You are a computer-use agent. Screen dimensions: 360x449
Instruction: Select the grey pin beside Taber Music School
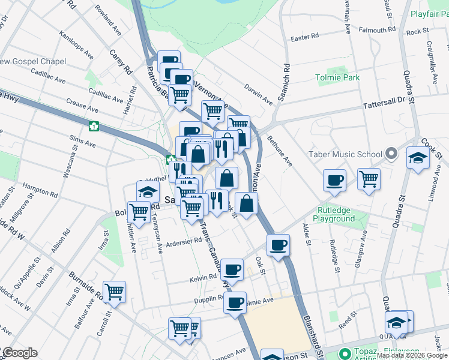pyautogui.click(x=391, y=154)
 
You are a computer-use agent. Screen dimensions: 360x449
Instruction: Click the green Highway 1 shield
pyautogui.click(x=94, y=126)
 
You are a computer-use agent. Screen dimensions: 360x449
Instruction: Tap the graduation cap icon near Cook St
pyautogui.click(x=418, y=158)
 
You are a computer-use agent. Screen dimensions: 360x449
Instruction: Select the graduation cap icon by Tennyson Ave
pyautogui.click(x=146, y=192)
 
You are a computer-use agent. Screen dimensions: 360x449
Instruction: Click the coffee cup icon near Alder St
pyautogui.click(x=334, y=179)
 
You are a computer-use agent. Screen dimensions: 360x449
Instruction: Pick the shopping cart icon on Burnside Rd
pyautogui.click(x=114, y=292)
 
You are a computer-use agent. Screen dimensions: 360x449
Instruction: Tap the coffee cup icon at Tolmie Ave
pyautogui.click(x=235, y=302)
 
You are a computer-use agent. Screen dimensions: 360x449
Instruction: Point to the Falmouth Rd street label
pyautogui.click(x=376, y=29)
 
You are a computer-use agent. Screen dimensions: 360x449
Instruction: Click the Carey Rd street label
pyautogui.click(x=121, y=62)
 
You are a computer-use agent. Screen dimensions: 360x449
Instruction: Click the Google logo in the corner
pyautogui.click(x=19, y=353)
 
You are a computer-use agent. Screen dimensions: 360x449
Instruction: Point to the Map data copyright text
pyautogui.click(x=412, y=355)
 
